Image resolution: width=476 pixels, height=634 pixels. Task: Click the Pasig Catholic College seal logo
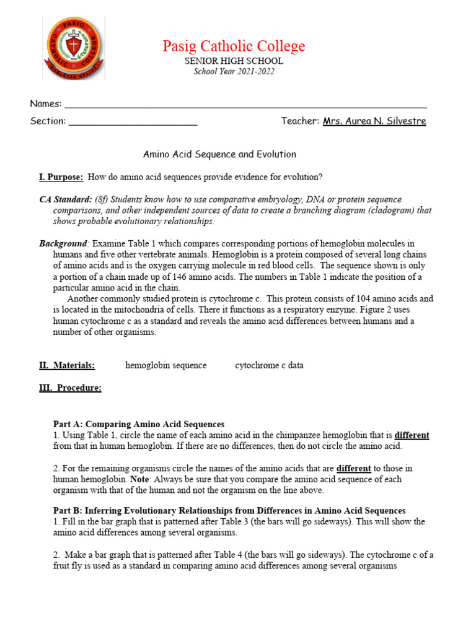[73, 48]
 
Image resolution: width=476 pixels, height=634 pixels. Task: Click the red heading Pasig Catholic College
[234, 46]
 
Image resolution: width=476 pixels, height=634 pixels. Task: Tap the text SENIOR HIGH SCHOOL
[234, 61]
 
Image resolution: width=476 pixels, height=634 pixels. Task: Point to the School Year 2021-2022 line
[234, 71]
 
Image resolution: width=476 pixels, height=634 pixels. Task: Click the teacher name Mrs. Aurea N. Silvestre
[374, 121]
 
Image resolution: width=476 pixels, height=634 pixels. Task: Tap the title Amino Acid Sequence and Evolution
[219, 154]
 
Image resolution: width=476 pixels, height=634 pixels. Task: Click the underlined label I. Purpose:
[61, 177]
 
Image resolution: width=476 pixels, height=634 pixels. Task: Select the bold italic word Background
[63, 243]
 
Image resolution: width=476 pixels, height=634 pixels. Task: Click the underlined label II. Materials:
[67, 365]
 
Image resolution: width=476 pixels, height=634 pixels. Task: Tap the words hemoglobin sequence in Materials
[165, 365]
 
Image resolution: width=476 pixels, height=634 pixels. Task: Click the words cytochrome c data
[269, 365]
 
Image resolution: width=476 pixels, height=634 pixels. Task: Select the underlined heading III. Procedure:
[70, 388]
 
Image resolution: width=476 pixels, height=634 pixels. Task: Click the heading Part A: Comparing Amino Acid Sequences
[138, 424]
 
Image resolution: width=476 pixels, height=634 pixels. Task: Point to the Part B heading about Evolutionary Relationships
[229, 511]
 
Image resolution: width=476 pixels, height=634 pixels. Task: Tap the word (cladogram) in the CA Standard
[393, 210]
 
